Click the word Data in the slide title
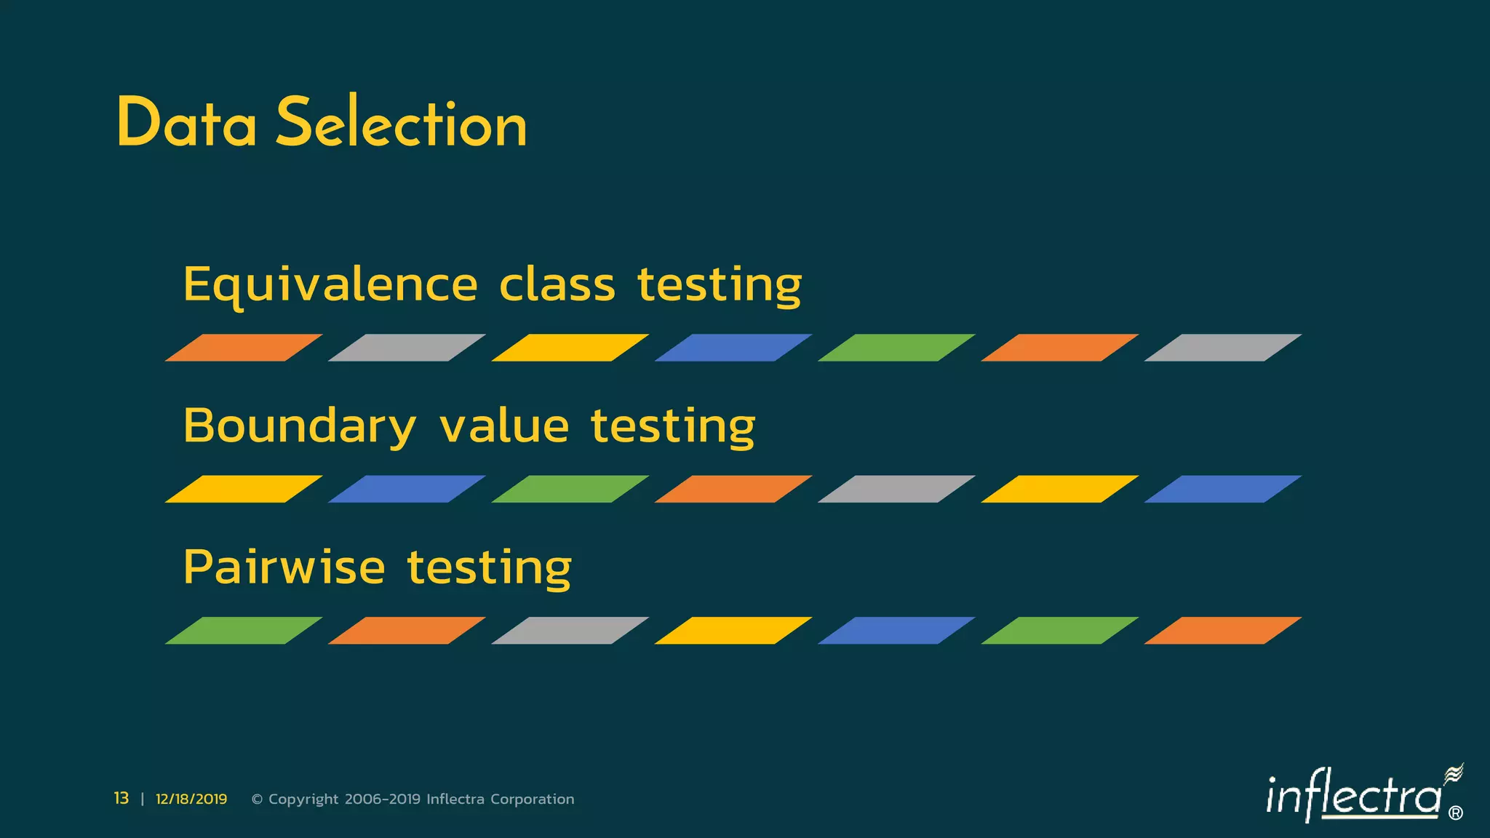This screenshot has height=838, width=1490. click(186, 124)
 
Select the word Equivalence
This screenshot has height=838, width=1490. click(330, 285)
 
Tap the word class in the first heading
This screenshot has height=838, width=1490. click(557, 285)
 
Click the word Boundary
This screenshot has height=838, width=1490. click(299, 426)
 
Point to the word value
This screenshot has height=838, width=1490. click(504, 426)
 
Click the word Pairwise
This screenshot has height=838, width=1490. click(284, 567)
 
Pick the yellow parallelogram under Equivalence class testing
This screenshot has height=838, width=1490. click(570, 348)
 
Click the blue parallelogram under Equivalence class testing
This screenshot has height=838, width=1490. click(733, 348)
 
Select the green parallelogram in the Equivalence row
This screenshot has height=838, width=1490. click(896, 348)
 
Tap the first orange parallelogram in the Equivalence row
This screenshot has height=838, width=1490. click(244, 348)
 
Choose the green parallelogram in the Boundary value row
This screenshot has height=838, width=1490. click(570, 489)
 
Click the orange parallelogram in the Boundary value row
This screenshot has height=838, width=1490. click(733, 489)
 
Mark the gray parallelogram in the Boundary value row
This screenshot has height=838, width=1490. click(896, 489)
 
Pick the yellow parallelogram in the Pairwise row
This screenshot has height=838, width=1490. click(733, 631)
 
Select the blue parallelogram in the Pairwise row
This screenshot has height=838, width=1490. click(896, 631)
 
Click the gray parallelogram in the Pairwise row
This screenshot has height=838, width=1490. click(570, 631)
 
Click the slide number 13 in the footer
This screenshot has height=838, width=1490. click(121, 799)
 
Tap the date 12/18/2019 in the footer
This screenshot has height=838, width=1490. click(191, 799)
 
